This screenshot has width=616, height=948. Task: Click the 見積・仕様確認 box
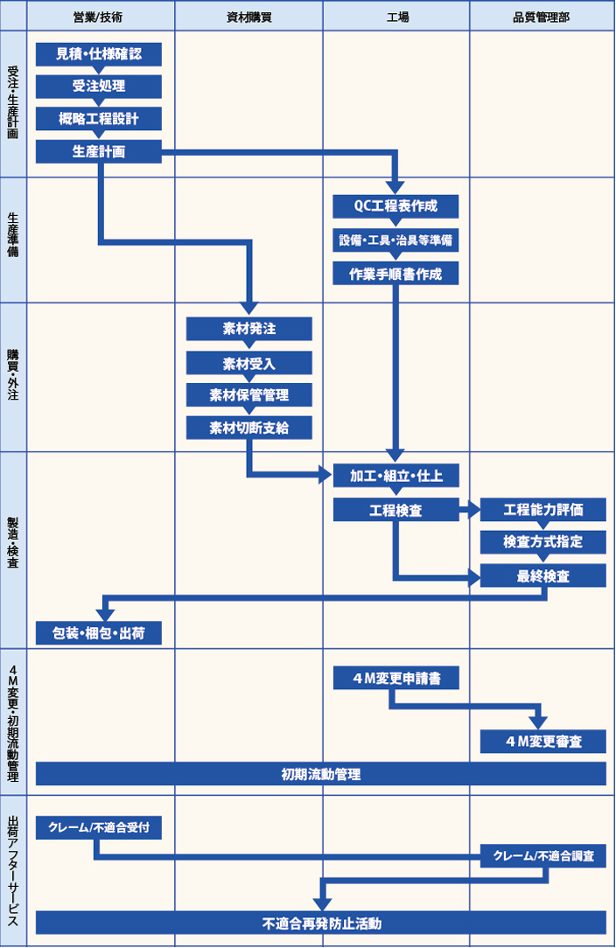click(x=99, y=54)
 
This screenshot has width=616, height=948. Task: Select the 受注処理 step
click(x=99, y=87)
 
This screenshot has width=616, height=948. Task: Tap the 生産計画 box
click(x=99, y=151)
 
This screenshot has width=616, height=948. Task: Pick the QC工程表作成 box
click(x=395, y=206)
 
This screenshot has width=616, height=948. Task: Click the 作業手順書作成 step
click(x=395, y=273)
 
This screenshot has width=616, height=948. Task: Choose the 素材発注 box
click(x=249, y=329)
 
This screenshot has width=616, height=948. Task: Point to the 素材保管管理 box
click(x=249, y=394)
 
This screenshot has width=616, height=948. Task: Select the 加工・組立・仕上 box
click(x=395, y=476)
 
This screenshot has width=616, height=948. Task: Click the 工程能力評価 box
click(x=542, y=509)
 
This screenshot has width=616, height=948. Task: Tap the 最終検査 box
click(x=542, y=576)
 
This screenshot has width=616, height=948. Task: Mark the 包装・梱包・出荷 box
click(x=99, y=632)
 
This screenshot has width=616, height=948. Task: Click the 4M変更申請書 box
click(x=395, y=678)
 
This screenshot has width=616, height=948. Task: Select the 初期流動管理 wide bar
click(x=321, y=774)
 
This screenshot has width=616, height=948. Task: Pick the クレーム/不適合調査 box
click(x=542, y=857)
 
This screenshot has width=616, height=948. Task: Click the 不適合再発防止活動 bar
click(x=321, y=923)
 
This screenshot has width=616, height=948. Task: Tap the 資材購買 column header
click(x=249, y=17)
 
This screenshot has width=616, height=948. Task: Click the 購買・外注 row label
click(x=13, y=376)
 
